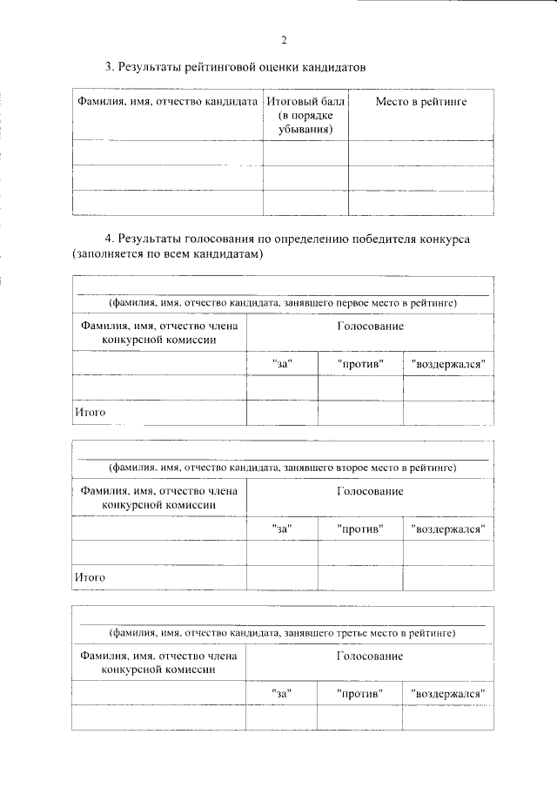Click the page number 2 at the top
tap(284, 40)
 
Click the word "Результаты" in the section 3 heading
tap(147, 67)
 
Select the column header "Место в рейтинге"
tap(421, 103)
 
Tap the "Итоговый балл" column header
tap(305, 103)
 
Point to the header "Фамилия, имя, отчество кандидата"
tap(168, 103)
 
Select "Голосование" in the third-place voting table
tap(370, 656)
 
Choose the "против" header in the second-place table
tap(360, 528)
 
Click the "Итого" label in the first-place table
tap(90, 412)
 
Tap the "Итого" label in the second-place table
tap(90, 576)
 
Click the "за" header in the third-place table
tap(281, 692)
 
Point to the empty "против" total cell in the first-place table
tap(360, 412)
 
